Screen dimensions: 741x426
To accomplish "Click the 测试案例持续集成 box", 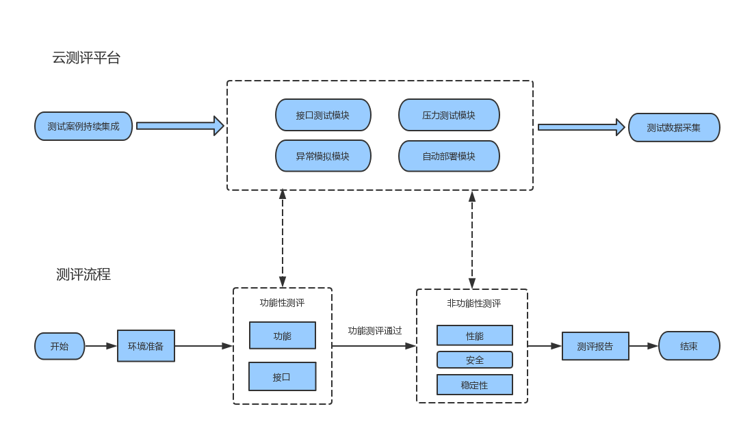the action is [83, 126].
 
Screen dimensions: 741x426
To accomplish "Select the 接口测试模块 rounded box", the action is [323, 115].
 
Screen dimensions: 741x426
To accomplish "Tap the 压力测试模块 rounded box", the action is [449, 115].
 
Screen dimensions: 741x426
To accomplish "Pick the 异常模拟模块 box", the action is [323, 156].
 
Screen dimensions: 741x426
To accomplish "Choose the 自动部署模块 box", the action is [449, 156].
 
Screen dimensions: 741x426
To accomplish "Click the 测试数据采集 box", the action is [674, 127].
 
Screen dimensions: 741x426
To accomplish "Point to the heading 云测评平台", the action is [86, 57].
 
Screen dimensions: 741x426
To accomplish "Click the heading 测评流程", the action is [83, 274].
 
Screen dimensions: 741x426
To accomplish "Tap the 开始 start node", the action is [60, 346].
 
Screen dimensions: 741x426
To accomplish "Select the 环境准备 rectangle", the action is [146, 346].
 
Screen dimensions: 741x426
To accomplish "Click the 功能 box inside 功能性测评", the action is [283, 336].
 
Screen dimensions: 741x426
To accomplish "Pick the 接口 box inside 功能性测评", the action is [283, 376].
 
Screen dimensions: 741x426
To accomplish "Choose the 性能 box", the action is [475, 335].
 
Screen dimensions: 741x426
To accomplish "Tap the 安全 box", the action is [475, 360].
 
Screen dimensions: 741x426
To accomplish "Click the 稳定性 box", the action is [475, 385].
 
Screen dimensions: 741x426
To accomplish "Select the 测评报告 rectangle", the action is [595, 346].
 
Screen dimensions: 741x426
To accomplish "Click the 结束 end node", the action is [689, 346].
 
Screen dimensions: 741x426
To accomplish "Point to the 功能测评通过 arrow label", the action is [375, 330].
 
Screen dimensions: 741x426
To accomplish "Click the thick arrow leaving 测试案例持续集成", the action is [180, 126].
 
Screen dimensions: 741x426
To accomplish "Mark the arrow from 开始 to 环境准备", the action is [101, 346].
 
